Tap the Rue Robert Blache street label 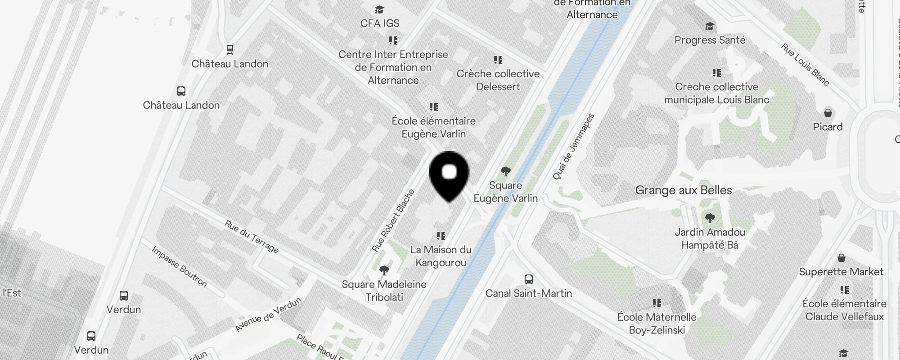click(x=393, y=220)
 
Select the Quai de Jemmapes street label click(x=573, y=147)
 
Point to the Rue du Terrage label click(x=252, y=237)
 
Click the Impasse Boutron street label click(x=179, y=266)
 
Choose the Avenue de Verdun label click(x=268, y=315)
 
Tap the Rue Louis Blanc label click(x=805, y=64)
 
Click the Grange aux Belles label click(x=684, y=190)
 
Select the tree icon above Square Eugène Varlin click(x=505, y=171)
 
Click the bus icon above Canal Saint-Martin click(x=529, y=279)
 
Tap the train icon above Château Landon click(x=230, y=49)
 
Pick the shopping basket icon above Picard click(x=828, y=112)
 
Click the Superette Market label click(x=841, y=272)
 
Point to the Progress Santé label click(x=710, y=40)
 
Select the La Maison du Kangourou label click(x=441, y=256)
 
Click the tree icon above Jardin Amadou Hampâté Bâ click(x=710, y=219)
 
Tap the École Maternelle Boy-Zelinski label click(x=657, y=324)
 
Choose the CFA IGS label click(x=379, y=23)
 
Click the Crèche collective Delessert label click(x=498, y=80)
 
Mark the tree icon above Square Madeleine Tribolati click(x=384, y=270)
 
